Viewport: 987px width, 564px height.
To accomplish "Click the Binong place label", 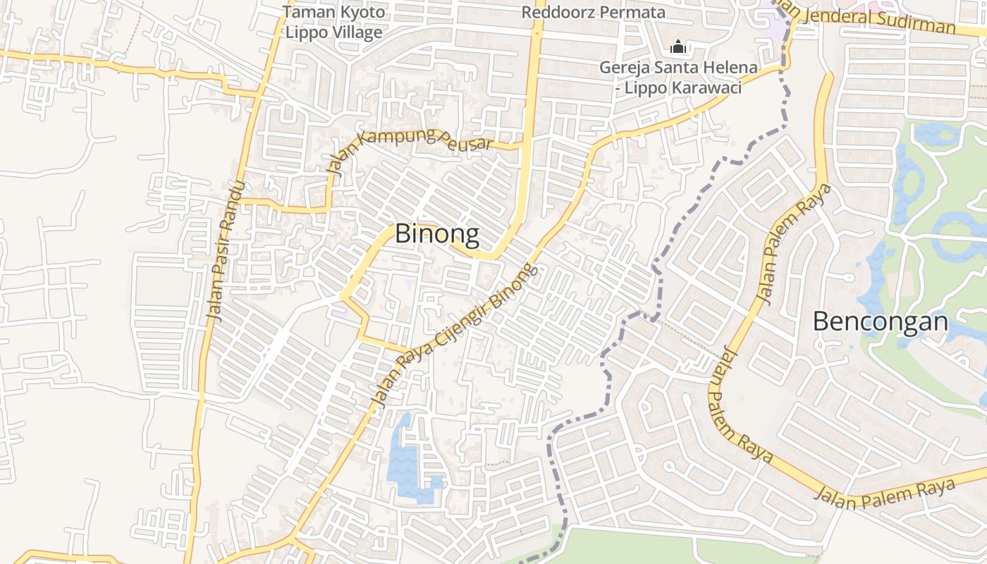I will point(437,233).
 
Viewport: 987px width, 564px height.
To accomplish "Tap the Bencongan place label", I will point(881,321).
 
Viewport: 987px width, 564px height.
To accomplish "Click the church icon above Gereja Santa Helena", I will point(678,47).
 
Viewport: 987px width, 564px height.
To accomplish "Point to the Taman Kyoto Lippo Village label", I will point(334,22).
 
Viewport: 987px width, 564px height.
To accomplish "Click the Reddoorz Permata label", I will point(593,12).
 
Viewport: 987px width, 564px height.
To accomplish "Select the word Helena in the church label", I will point(733,68).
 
